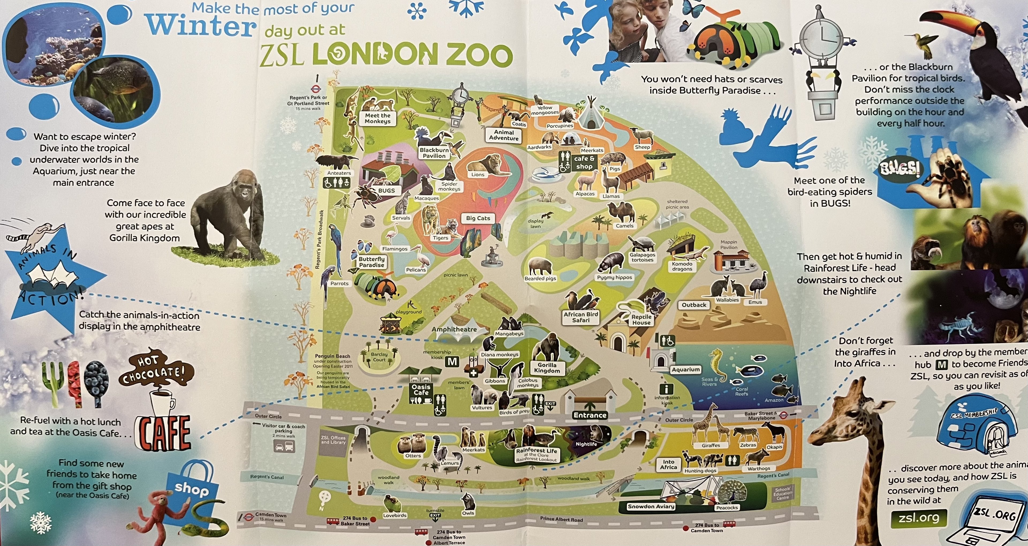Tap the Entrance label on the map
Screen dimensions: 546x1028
tap(590, 415)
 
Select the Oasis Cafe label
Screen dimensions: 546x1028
tap(421, 390)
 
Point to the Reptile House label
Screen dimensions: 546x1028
tap(641, 319)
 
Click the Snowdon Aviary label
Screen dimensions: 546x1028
tap(651, 506)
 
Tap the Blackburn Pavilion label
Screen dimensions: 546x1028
tap(434, 153)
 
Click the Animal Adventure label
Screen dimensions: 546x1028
tap(504, 135)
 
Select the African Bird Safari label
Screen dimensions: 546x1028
tap(581, 317)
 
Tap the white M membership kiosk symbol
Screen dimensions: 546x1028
tap(452, 362)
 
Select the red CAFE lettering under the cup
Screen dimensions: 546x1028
tap(163, 432)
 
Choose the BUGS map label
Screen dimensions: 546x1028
tap(386, 191)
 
